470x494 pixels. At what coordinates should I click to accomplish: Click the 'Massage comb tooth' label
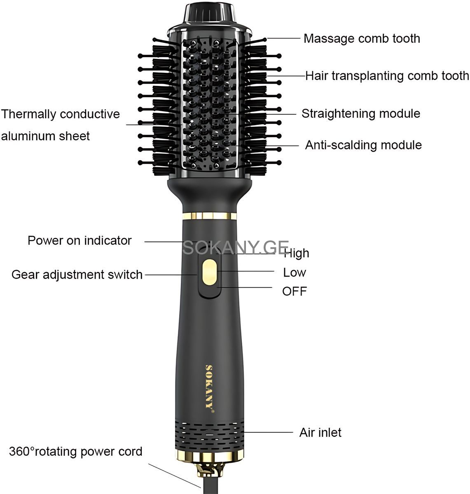362,39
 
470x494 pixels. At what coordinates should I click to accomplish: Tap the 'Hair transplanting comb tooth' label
387,76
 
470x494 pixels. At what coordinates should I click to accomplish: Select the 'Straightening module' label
360,114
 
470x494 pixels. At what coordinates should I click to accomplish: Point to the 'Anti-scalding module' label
363,145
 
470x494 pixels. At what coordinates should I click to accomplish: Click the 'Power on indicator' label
80,240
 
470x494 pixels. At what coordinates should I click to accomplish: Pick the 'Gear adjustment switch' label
77,275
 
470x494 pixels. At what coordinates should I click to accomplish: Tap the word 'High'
296,253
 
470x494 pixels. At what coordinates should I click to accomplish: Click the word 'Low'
295,273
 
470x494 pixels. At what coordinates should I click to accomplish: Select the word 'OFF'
294,291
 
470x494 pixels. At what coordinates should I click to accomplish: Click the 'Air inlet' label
320,433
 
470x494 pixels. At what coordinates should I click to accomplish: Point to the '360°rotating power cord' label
75,451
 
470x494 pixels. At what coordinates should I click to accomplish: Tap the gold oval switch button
209,272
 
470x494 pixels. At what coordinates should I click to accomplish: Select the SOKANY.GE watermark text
236,247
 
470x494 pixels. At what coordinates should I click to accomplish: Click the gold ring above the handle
210,216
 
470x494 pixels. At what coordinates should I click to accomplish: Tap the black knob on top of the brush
210,13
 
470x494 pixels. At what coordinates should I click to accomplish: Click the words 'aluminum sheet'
45,136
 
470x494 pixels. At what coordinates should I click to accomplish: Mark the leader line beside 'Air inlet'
268,432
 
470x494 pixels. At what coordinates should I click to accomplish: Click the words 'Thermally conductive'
61,114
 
